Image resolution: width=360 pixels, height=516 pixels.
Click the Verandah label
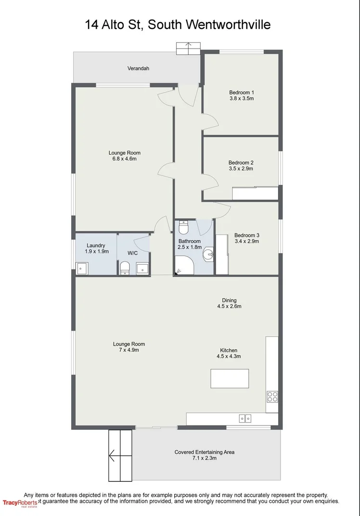tap(138, 68)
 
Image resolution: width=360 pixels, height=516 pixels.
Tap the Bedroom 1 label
tap(241, 92)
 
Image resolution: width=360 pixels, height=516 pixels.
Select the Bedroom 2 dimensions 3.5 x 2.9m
tap(241, 169)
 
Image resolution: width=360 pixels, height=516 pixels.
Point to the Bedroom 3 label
tap(246, 235)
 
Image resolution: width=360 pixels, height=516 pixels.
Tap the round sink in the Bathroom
tap(208, 254)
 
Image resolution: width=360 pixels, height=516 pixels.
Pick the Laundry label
tap(96, 245)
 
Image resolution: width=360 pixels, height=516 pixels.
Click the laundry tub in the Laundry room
tap(81, 268)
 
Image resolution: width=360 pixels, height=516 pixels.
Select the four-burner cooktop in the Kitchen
tap(272, 396)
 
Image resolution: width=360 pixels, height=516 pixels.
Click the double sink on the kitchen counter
tap(245, 418)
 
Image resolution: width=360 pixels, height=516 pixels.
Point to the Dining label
tap(229, 300)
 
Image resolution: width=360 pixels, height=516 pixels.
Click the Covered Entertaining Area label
tap(205, 452)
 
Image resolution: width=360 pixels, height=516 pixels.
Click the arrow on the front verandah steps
tap(188, 46)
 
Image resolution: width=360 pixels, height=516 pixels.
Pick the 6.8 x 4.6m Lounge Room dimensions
tap(124, 159)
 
